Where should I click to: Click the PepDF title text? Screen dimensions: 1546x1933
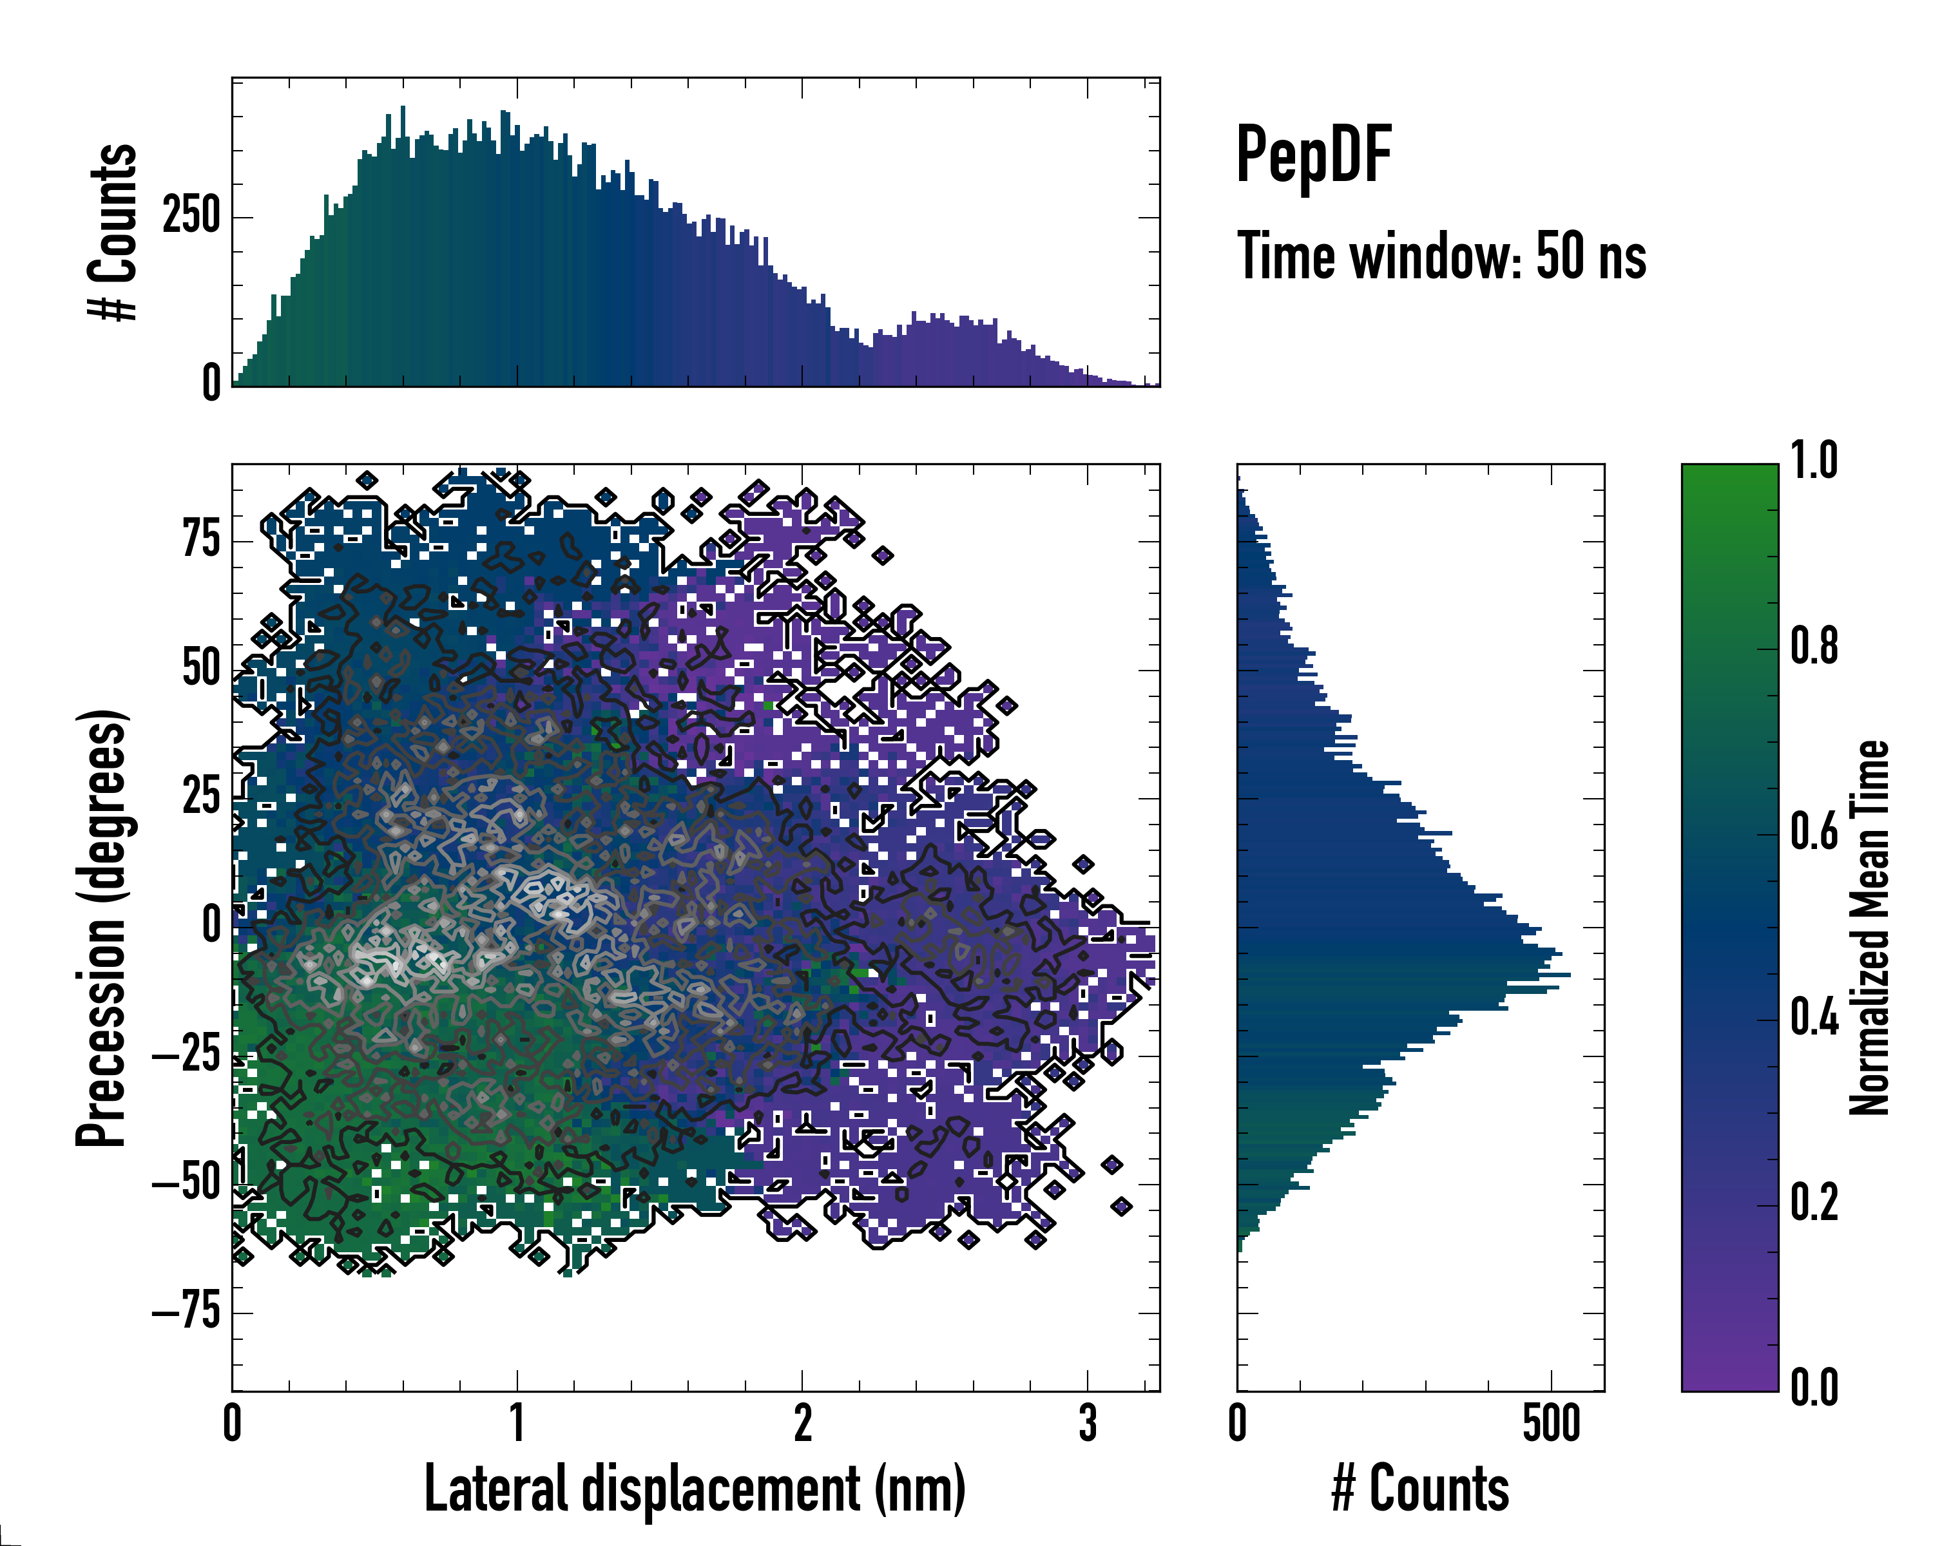[1313, 156]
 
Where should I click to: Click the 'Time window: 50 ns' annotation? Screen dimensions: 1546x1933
[1441, 256]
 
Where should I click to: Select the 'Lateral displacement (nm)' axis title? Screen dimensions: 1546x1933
[695, 1489]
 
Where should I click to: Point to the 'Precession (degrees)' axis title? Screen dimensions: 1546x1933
[101, 928]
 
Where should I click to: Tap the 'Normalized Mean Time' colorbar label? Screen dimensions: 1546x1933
[1869, 928]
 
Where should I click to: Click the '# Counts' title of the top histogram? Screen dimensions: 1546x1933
[113, 231]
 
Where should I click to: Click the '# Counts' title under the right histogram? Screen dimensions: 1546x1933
[1420, 1489]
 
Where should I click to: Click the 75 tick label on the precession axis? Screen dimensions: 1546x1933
[201, 540]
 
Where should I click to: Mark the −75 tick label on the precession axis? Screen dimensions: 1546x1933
[186, 1313]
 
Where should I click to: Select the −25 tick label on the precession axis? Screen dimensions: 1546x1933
[186, 1056]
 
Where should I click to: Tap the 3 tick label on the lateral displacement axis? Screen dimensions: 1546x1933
[1088, 1423]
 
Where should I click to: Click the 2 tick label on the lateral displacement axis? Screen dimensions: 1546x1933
[802, 1423]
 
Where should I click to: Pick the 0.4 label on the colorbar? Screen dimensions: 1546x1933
[1814, 1018]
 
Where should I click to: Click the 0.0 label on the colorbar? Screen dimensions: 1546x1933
[1814, 1388]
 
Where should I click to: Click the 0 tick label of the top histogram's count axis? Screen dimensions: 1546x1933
[211, 383]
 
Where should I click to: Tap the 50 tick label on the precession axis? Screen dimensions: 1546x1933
[201, 669]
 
